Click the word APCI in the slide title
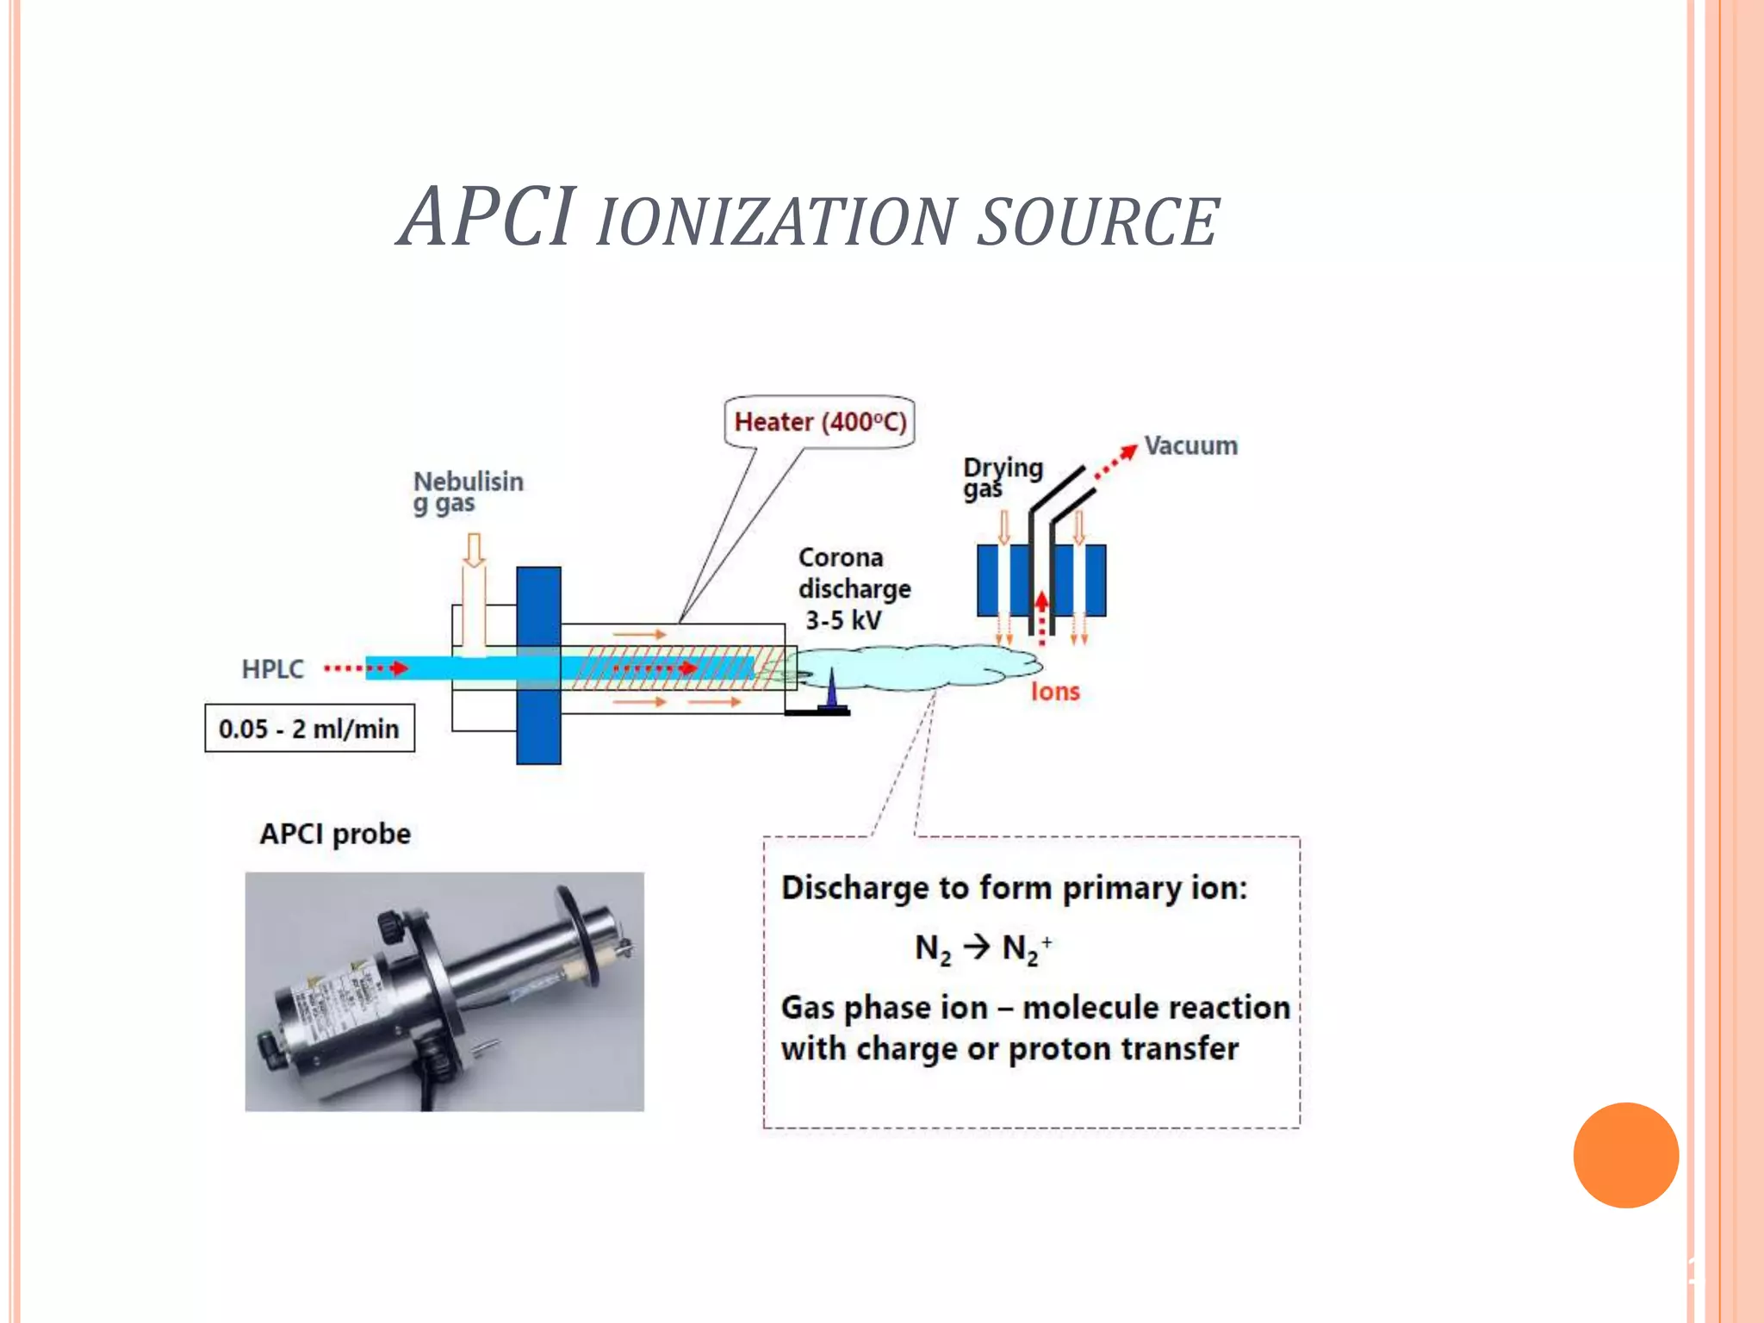point(488,217)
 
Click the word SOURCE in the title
point(1098,222)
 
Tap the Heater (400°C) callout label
point(819,422)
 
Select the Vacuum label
point(1190,446)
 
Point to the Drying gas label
point(1002,477)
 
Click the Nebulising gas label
point(468,492)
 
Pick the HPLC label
point(272,669)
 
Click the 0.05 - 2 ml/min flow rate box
point(309,729)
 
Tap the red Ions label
point(1054,692)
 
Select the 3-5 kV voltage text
point(843,620)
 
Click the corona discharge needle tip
point(832,673)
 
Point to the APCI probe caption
point(335,834)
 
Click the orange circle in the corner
point(1625,1155)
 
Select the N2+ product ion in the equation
point(1026,948)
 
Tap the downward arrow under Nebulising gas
point(473,550)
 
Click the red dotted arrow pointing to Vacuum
point(1115,462)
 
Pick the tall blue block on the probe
point(538,665)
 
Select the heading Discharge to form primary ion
point(1014,888)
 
